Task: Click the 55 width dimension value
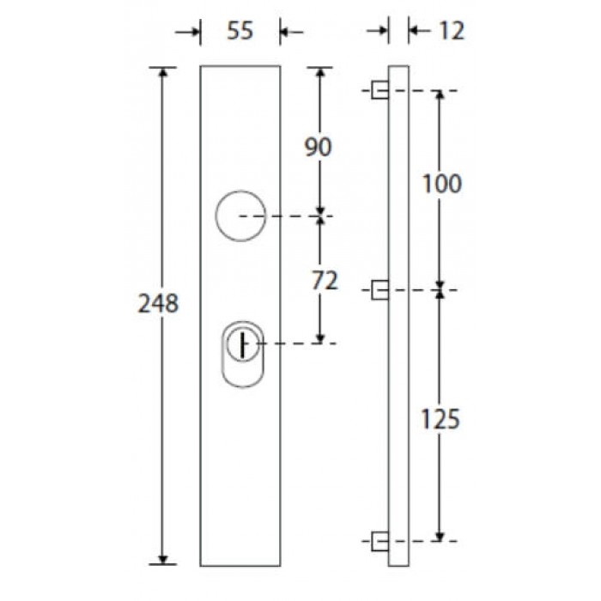[x=240, y=31]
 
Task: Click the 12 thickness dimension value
[x=452, y=31]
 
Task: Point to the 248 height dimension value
[x=158, y=304]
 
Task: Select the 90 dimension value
[x=318, y=147]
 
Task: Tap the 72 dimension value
[x=325, y=281]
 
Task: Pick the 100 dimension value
[x=442, y=184]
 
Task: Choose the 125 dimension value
[x=440, y=419]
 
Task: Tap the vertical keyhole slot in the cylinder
[x=242, y=345]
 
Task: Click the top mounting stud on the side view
[x=379, y=90]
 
